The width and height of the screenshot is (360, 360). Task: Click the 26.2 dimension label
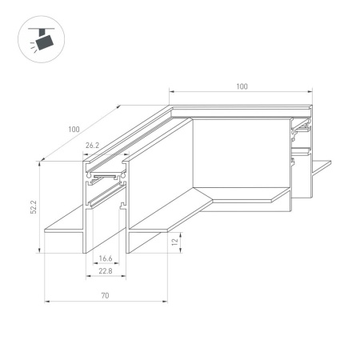[92, 146]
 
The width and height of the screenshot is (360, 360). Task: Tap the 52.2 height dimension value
[34, 207]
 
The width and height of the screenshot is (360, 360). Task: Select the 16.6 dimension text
[106, 258]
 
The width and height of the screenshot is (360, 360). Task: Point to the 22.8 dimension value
[106, 271]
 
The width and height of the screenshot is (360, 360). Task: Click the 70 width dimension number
[105, 295]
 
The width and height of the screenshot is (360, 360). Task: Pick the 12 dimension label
[174, 242]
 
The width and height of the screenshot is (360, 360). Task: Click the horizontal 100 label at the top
[242, 86]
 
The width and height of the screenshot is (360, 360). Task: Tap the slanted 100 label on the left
[74, 130]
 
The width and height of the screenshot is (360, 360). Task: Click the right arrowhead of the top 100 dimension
[310, 92]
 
